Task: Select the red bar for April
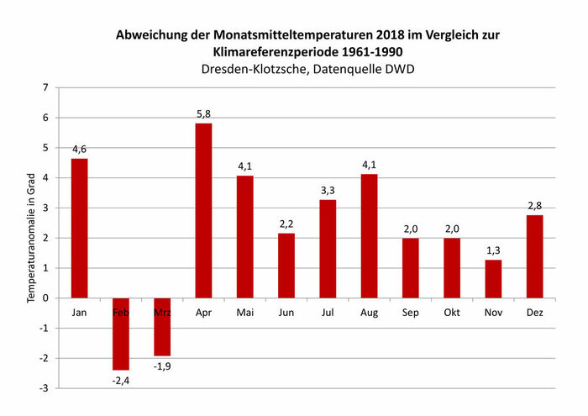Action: [203, 210]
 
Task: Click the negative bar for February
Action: [121, 334]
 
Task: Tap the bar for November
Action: [493, 278]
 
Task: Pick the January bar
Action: [80, 228]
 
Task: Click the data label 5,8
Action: [203, 113]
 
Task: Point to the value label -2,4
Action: [121, 380]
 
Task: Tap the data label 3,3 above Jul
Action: [328, 190]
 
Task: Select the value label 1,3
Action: [493, 250]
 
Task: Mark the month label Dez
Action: [534, 312]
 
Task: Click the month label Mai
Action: [244, 312]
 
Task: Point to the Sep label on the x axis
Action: [410, 312]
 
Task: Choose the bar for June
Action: [286, 265]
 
